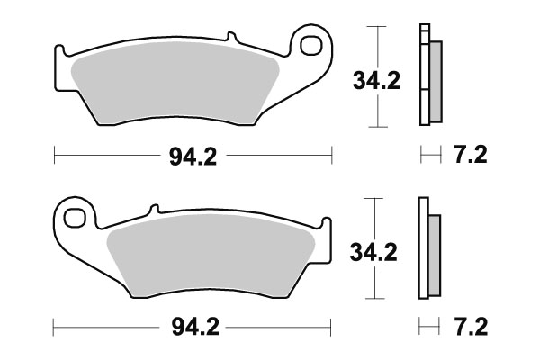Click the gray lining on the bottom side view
click(434, 254)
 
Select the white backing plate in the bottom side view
click(421, 247)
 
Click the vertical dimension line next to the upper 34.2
click(379, 45)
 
